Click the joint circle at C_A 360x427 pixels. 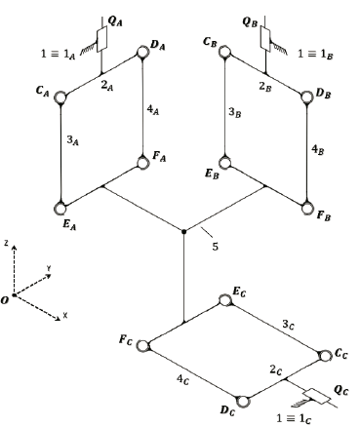pos(61,97)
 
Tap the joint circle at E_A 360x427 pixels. pos(61,205)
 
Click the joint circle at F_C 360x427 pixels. pos(144,343)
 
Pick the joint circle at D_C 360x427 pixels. pos(243,400)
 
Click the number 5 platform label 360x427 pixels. pos(215,246)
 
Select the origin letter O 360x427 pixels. pos(7,300)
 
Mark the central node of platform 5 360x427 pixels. pos(183,231)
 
